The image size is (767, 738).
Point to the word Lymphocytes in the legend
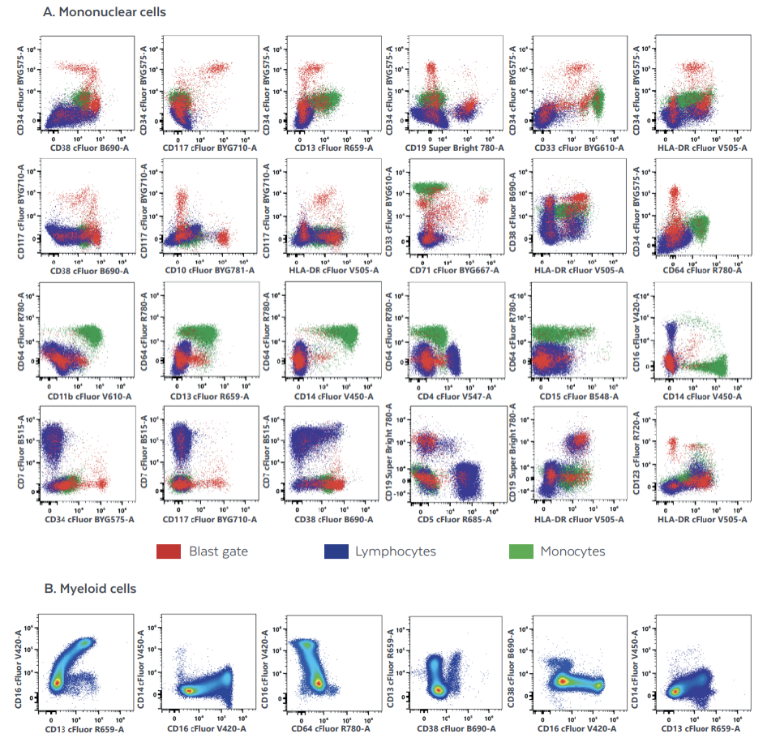tap(395, 551)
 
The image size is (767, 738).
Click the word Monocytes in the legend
tap(572, 551)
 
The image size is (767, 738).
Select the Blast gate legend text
tap(218, 551)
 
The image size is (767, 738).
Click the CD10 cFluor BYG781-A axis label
tap(209, 269)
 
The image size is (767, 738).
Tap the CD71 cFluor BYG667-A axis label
tap(455, 269)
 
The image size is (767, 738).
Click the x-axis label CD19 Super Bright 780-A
tap(455, 148)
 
